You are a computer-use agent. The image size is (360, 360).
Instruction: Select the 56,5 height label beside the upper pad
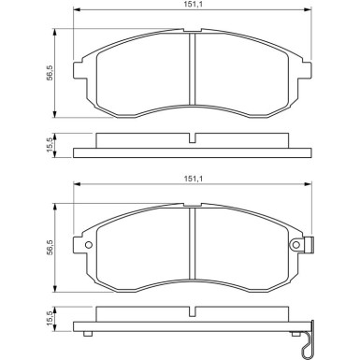point(50,73)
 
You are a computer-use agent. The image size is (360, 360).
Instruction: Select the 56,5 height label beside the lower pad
point(50,248)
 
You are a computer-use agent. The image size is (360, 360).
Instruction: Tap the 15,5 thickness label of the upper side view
point(50,145)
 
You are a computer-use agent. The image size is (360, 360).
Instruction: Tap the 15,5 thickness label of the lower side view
point(50,318)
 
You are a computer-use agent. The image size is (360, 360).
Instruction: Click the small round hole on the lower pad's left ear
point(89,245)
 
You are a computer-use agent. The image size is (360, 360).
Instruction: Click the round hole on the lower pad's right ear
point(295,245)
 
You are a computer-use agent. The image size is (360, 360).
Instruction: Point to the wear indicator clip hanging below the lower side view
point(309,338)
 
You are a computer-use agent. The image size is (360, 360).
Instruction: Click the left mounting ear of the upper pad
point(79,70)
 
